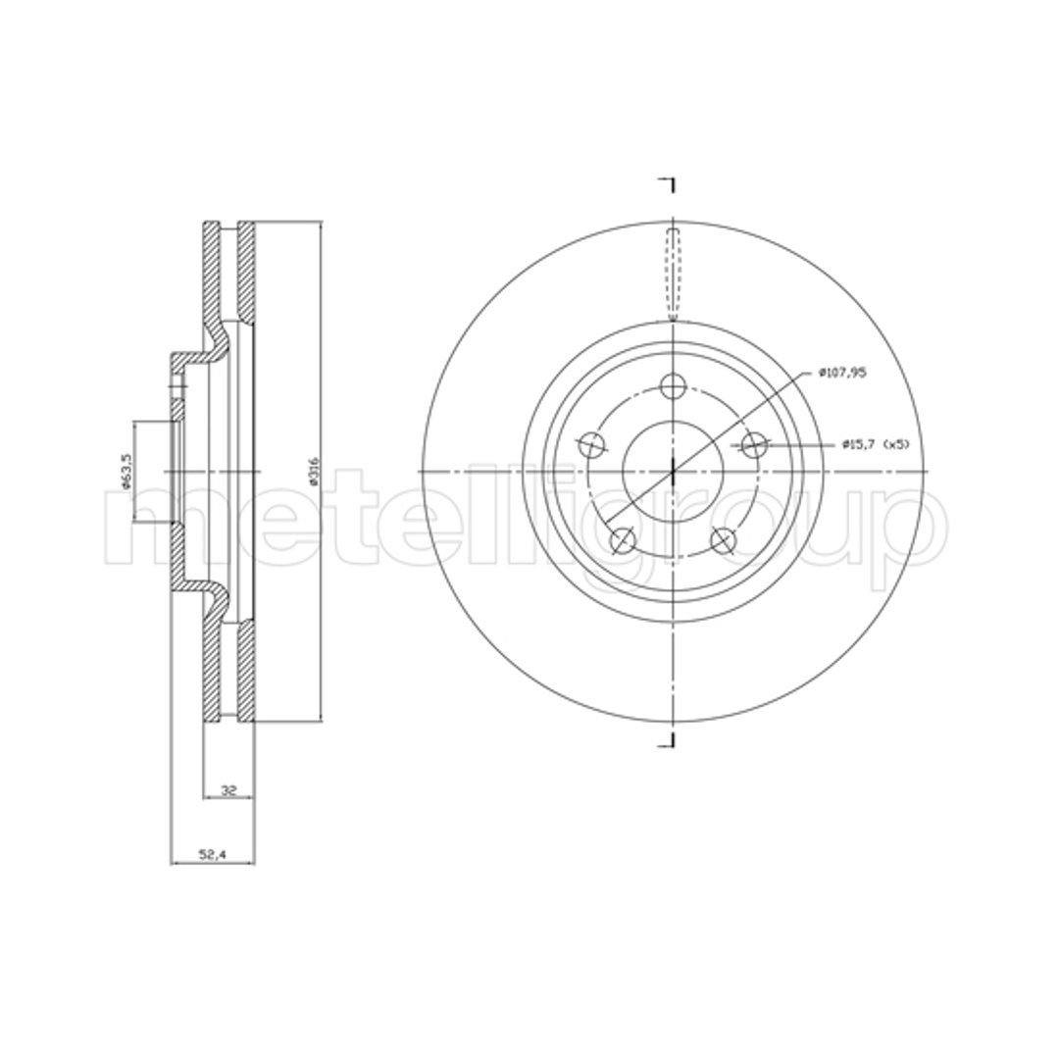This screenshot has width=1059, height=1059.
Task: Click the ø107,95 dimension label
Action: [841, 373]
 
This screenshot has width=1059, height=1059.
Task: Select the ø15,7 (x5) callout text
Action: [876, 444]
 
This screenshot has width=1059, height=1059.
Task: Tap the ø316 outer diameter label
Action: [312, 472]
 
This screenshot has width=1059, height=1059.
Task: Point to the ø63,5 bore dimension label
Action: [125, 471]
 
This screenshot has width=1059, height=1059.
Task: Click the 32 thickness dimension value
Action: [228, 789]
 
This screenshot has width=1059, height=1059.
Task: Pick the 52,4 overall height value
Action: [212, 854]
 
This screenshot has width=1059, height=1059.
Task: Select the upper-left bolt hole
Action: [593, 445]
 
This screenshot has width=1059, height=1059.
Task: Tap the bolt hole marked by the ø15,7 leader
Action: [753, 444]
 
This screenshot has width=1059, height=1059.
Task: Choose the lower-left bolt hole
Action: [624, 539]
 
